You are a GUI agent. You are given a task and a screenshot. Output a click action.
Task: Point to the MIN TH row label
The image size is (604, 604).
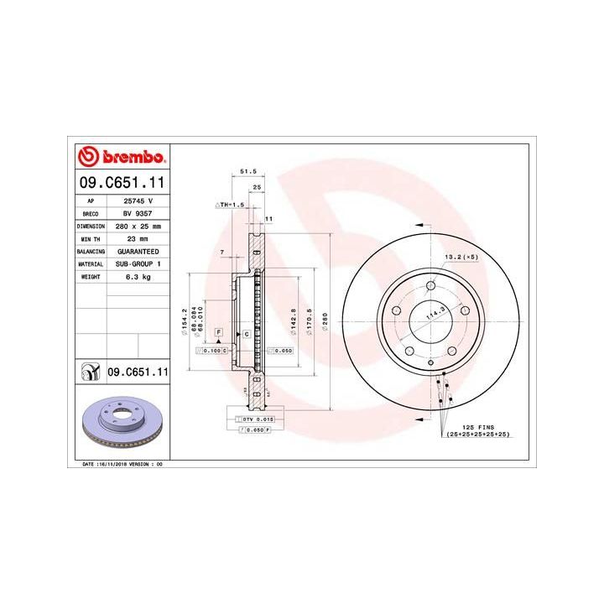90,239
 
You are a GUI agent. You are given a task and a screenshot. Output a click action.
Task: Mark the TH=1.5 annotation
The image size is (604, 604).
230,205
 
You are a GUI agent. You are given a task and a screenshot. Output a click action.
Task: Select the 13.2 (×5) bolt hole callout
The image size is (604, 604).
460,258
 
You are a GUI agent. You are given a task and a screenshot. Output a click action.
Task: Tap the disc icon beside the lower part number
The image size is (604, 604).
89,370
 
